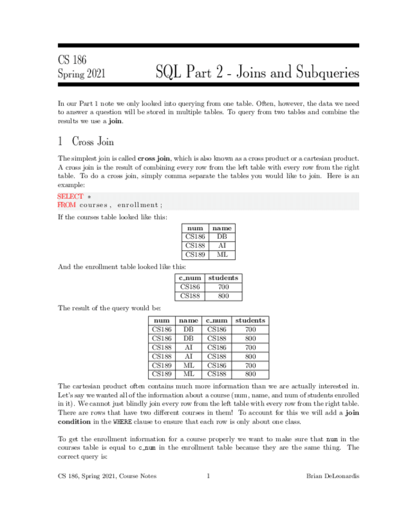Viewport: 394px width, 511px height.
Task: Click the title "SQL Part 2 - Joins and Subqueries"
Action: [x=257, y=74]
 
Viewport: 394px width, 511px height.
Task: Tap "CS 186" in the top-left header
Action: [x=72, y=60]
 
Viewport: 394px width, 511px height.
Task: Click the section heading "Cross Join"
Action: [x=93, y=142]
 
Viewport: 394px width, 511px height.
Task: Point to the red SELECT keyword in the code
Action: [x=70, y=196]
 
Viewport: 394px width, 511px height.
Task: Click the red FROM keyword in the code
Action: [x=67, y=205]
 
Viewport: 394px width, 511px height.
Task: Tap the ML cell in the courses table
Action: [x=222, y=255]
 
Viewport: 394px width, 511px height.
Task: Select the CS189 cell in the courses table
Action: [x=195, y=255]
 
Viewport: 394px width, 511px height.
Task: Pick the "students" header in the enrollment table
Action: [x=223, y=278]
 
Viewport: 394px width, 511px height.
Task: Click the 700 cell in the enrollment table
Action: [x=223, y=287]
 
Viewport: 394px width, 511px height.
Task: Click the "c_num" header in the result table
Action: [x=217, y=321]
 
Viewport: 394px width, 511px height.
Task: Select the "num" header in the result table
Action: [x=162, y=321]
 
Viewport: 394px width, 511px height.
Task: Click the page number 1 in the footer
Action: [x=208, y=476]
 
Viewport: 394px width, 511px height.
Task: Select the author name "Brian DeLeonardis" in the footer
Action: [x=333, y=476]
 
